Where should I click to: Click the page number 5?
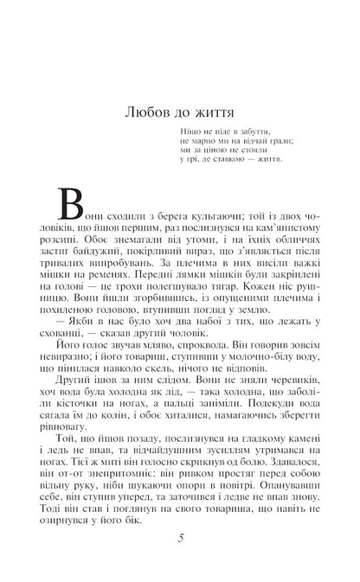click(180, 538)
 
